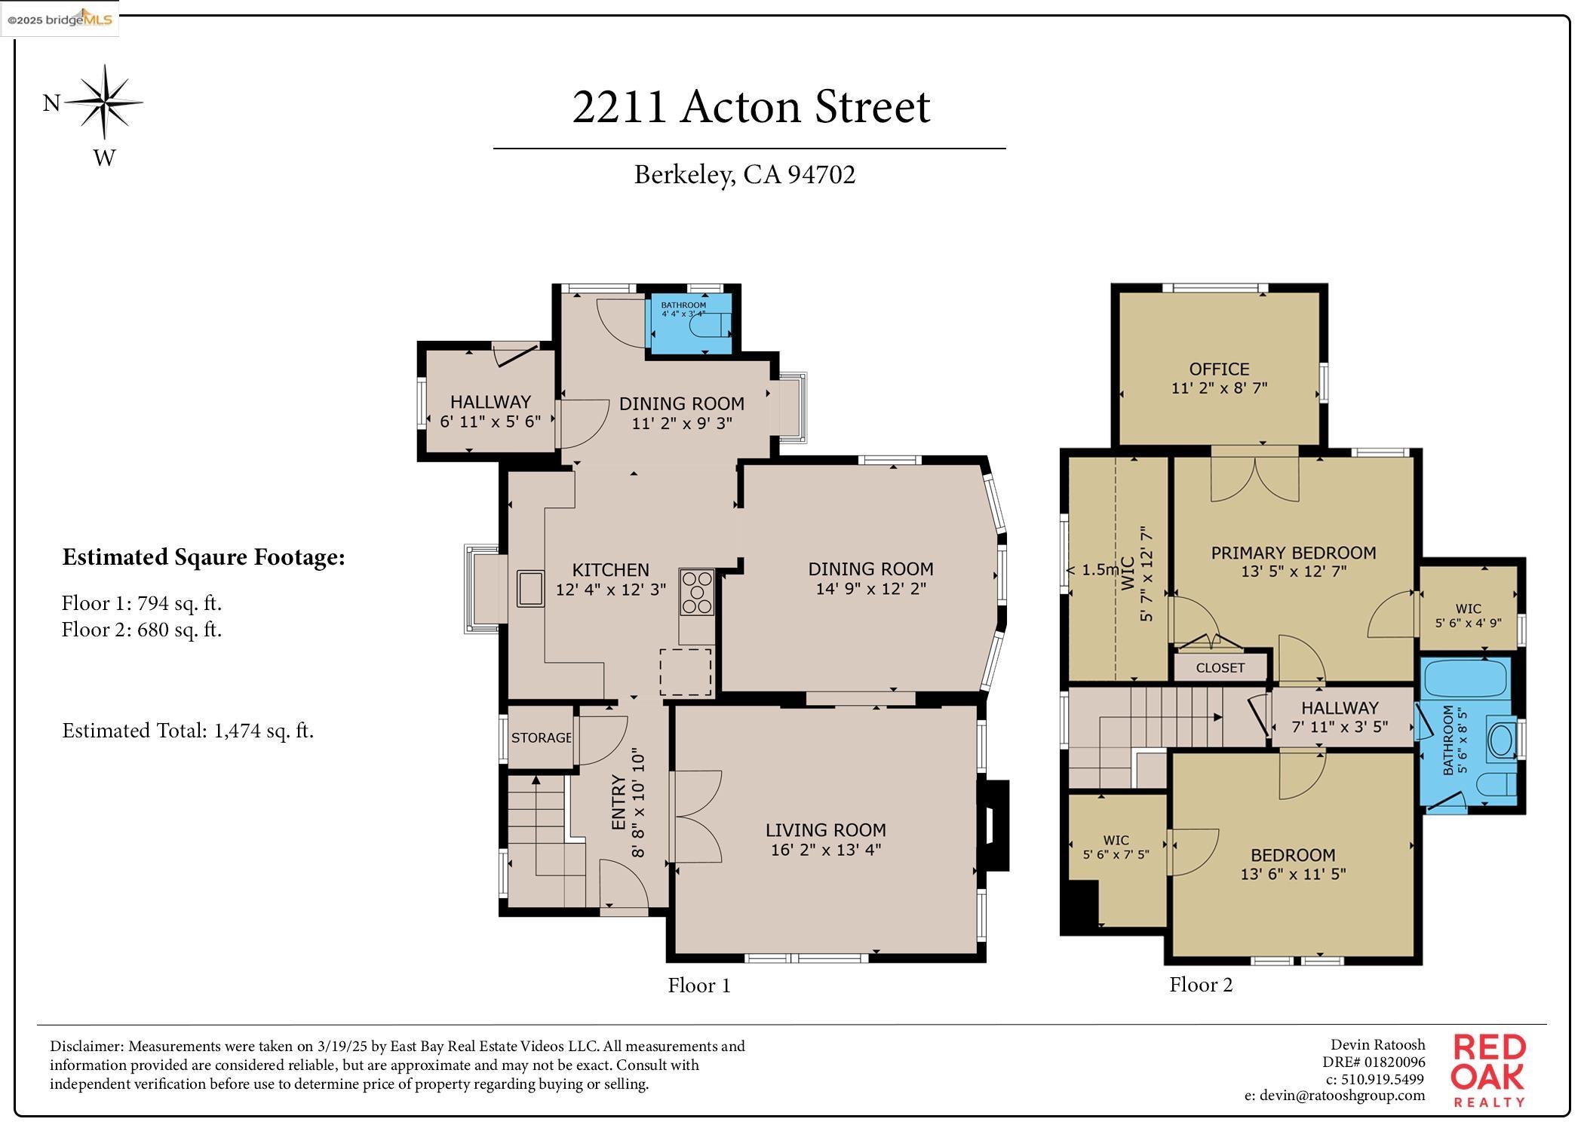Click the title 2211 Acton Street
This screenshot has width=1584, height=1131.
(751, 107)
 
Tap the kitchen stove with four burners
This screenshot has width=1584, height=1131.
(695, 592)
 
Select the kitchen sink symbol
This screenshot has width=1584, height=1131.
(530, 589)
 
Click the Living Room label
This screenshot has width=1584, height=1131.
(825, 830)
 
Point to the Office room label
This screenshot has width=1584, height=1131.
(1219, 369)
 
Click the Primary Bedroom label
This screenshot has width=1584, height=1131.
(1293, 553)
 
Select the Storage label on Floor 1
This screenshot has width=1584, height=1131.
(541, 737)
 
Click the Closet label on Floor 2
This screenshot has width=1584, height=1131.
(1220, 668)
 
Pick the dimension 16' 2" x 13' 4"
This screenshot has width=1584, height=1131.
(825, 851)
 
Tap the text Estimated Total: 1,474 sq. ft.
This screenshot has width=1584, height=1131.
(188, 731)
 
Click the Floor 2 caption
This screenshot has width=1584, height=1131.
(1200, 985)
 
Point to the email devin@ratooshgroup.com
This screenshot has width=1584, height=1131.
(1334, 1096)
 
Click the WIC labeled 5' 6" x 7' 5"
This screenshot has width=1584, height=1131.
(1116, 847)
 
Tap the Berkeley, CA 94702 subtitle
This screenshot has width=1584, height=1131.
(744, 175)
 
